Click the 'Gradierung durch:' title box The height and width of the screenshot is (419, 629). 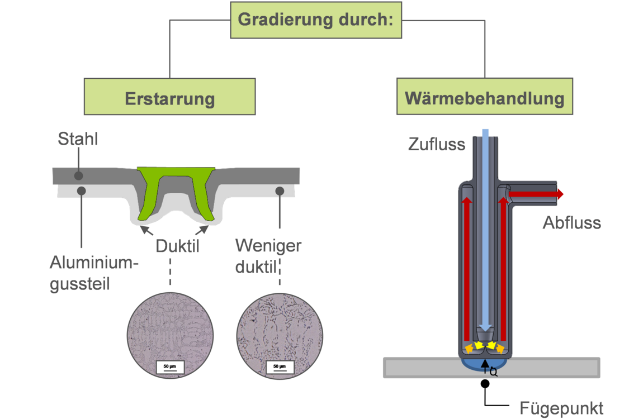[316, 20]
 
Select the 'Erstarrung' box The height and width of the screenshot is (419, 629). [169, 97]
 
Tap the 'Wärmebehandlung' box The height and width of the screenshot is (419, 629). [485, 97]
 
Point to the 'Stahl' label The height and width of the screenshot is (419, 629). [78, 139]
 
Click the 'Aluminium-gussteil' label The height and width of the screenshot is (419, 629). [94, 273]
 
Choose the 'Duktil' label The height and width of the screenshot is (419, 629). [177, 246]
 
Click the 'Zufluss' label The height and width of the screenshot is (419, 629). [437, 144]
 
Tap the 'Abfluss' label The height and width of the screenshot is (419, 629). [571, 223]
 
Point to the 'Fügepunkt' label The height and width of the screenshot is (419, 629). [561, 408]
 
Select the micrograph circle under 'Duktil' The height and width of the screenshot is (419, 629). [170, 336]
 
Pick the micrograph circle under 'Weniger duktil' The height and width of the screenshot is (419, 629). [280, 336]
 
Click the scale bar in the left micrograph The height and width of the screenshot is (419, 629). [169, 367]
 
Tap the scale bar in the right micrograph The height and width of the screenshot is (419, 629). [280, 367]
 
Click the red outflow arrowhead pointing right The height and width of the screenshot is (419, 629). [560, 194]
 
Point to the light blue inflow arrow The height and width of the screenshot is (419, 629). [485, 230]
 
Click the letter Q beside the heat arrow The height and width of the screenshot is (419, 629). [493, 373]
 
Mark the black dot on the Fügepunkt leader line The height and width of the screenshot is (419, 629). [485, 384]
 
